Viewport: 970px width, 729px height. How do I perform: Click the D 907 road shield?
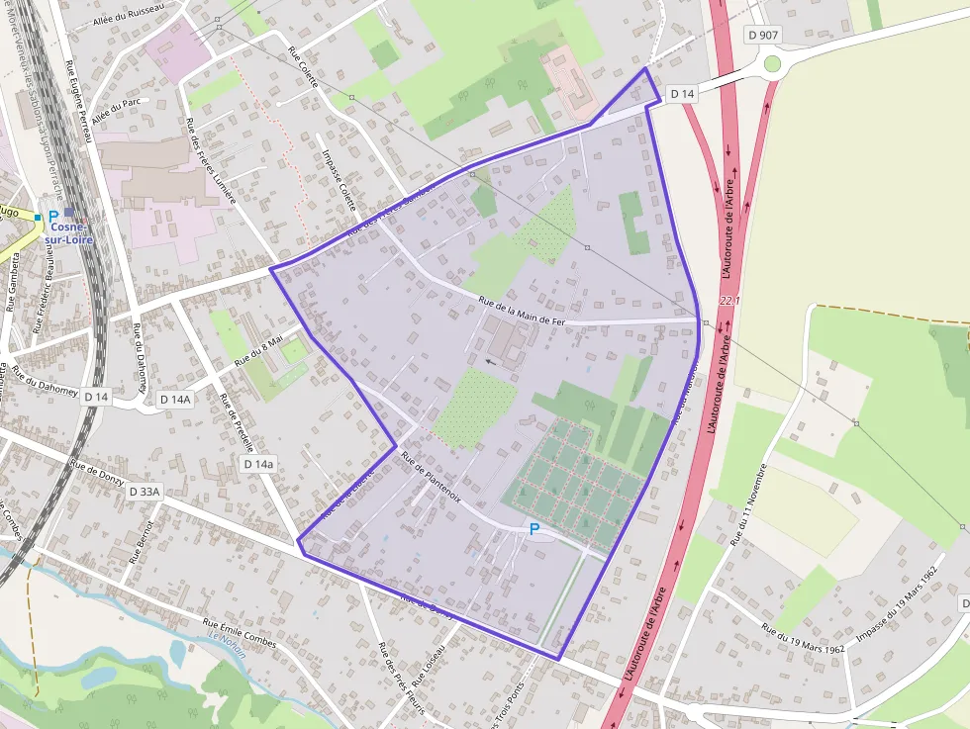coord(764,35)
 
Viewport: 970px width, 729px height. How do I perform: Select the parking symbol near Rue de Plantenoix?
coord(534,530)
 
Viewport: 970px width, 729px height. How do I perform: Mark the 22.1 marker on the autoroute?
coord(729,300)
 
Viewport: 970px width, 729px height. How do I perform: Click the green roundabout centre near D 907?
coord(773,64)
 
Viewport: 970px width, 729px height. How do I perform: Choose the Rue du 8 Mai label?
coord(258,351)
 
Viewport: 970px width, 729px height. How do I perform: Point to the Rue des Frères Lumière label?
coord(211,160)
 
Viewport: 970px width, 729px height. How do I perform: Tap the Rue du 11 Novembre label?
coord(748,504)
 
